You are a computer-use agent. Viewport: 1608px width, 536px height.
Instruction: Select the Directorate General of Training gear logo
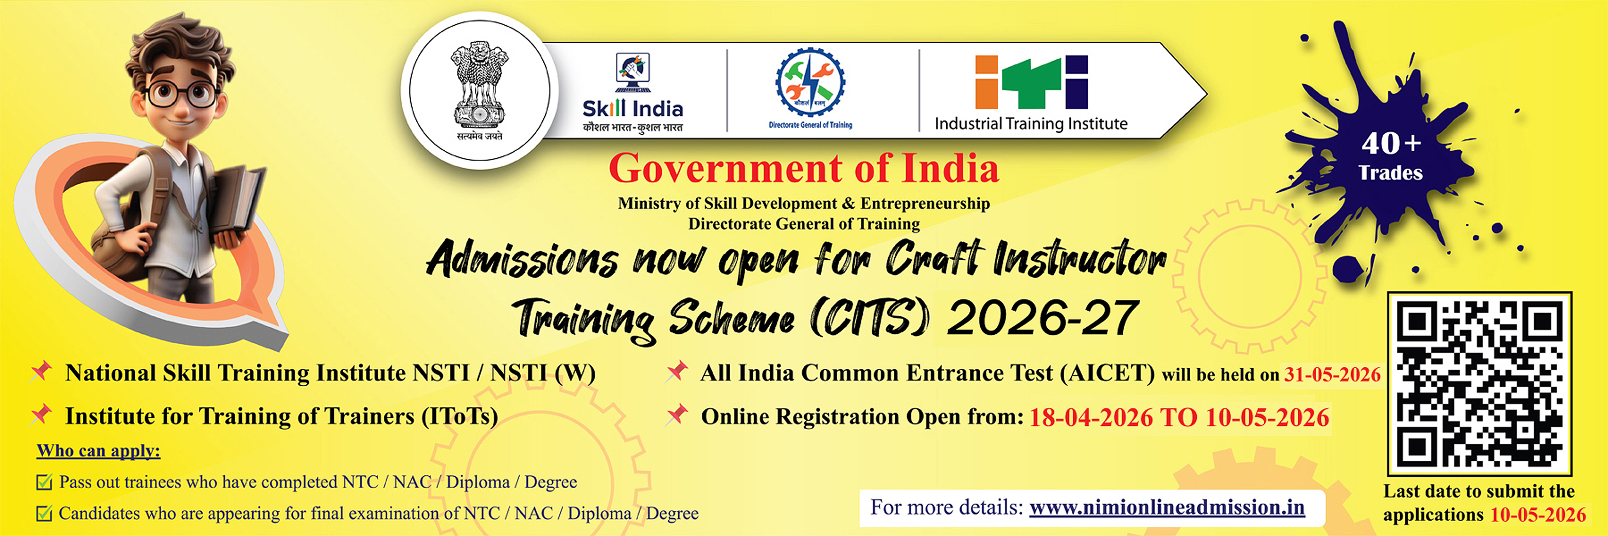coord(810,84)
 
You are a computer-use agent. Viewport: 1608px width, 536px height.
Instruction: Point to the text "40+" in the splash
coord(1391,144)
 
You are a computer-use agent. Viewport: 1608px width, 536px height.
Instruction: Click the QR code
coord(1479,383)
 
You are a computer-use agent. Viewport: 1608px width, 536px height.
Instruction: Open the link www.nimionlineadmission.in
coord(1167,507)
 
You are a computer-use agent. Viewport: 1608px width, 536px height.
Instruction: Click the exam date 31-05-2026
coord(1332,374)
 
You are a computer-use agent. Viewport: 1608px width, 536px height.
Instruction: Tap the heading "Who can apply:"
coord(99,451)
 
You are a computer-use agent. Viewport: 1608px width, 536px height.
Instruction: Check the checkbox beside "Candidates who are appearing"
coord(44,513)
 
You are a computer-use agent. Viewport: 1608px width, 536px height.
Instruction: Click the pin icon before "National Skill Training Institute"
coord(42,371)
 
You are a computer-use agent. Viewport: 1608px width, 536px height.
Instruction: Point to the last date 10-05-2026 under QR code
coord(1538,515)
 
